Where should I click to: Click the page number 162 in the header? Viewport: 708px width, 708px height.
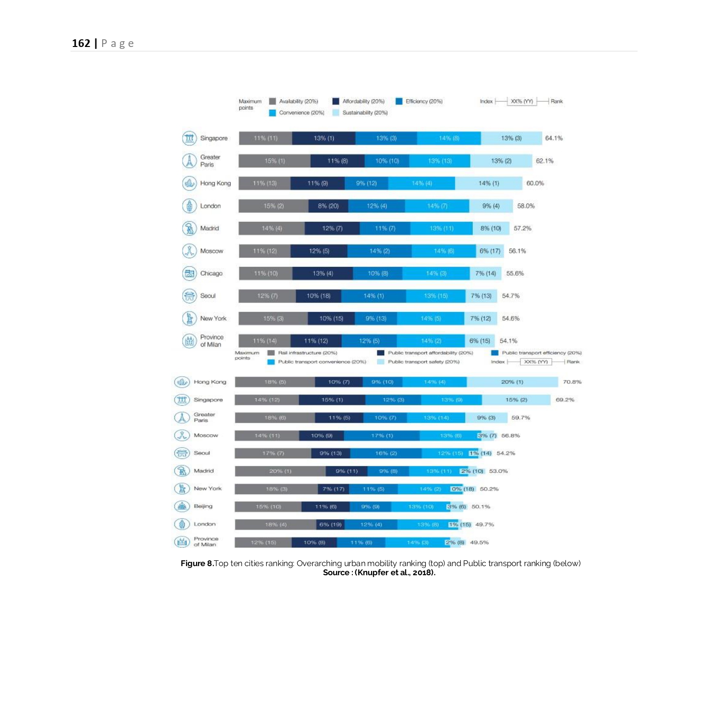point(81,43)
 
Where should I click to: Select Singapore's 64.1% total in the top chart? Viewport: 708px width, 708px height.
point(554,138)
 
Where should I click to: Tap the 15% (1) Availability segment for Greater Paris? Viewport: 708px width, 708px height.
point(275,161)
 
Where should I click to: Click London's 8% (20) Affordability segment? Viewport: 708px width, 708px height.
point(328,206)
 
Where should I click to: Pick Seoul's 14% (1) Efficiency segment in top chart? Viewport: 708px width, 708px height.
point(373,296)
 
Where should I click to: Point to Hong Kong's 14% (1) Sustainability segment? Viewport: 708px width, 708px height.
point(488,183)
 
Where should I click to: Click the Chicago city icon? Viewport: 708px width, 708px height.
point(189,273)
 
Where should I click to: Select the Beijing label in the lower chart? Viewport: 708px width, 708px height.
point(203,506)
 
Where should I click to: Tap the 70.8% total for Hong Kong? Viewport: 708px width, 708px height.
point(572,382)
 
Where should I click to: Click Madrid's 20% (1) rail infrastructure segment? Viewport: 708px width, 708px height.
point(280,471)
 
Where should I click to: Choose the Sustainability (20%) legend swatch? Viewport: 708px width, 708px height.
point(336,113)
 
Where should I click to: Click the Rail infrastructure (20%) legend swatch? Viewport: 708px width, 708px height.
point(271,353)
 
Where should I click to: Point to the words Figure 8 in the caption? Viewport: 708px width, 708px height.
point(197,563)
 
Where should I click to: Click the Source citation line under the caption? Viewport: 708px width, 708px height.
point(379,572)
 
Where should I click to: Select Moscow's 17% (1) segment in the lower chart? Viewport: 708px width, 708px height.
point(382,436)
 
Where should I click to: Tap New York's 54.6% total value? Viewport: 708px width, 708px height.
point(511,318)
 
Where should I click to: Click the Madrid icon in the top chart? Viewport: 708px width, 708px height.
point(189,228)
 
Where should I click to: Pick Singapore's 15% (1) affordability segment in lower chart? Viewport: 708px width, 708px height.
point(332,400)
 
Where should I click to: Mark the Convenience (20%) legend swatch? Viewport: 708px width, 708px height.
point(272,113)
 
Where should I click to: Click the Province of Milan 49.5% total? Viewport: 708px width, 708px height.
point(479,543)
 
